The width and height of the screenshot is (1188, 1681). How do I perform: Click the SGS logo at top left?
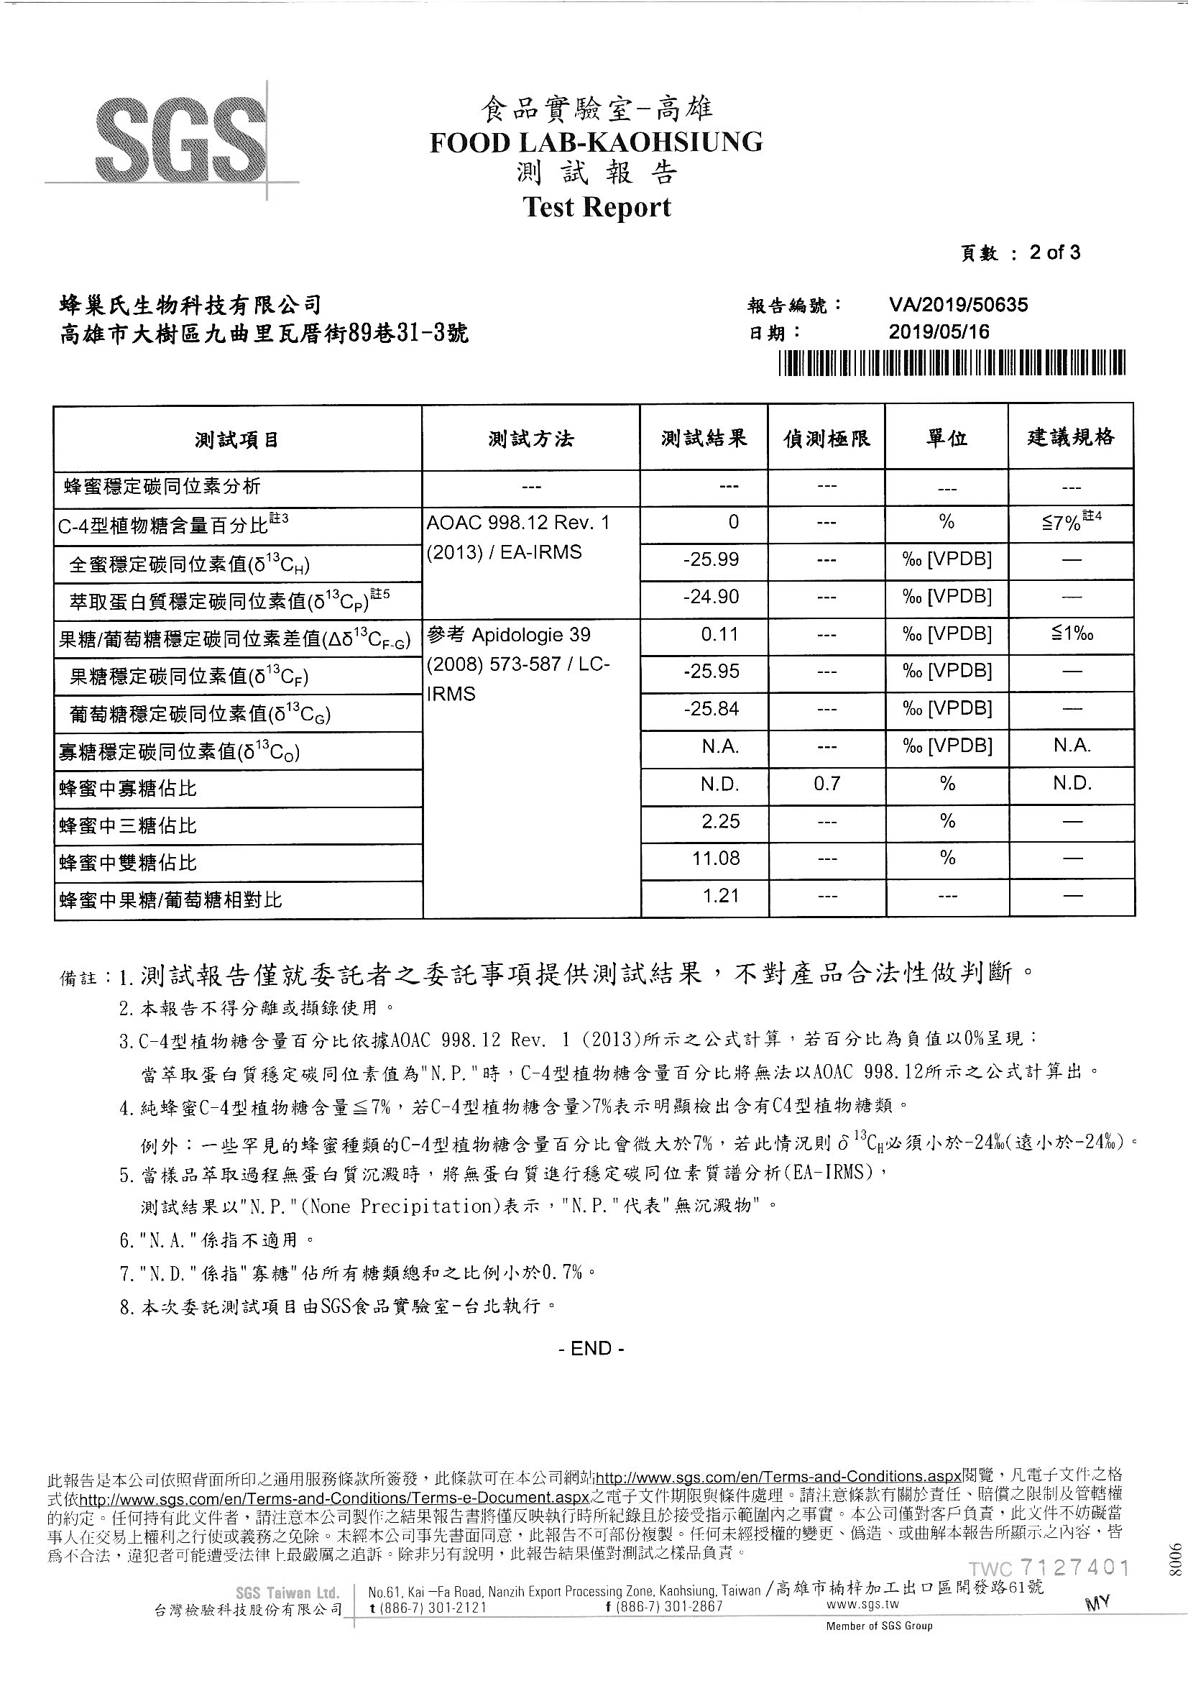tap(181, 138)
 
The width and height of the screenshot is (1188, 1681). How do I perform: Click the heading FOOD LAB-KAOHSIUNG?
tap(596, 142)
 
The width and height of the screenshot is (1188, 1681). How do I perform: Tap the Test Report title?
tap(597, 207)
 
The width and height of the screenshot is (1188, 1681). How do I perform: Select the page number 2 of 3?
tap(1054, 253)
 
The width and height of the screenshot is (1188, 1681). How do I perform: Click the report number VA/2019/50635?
tap(958, 305)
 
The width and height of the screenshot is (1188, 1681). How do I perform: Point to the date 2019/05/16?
tap(939, 332)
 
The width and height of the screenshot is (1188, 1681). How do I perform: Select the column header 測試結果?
tap(704, 438)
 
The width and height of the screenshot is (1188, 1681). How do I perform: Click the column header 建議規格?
tap(1071, 437)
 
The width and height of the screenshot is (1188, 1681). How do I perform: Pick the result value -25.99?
tap(710, 560)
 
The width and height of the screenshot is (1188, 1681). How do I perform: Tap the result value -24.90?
tap(710, 597)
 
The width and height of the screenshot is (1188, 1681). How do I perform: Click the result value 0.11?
tap(719, 634)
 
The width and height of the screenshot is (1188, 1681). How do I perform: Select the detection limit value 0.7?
tap(826, 784)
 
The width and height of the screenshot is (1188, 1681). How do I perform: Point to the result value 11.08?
tap(715, 858)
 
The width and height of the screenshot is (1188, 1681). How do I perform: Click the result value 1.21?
tap(720, 895)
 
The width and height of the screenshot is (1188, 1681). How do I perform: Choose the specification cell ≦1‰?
tap(1072, 634)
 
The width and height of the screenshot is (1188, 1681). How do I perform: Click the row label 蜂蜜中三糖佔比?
tap(128, 826)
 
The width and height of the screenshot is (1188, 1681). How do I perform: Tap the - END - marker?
tap(591, 1349)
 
